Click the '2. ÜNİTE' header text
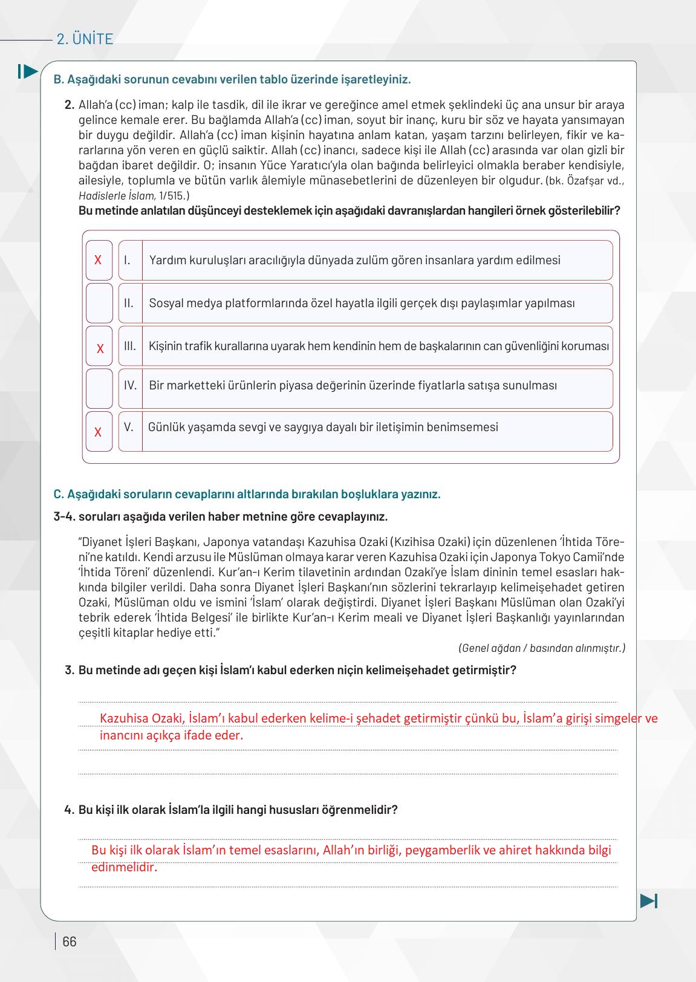point(85,39)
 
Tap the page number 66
point(70,941)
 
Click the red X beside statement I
point(98,260)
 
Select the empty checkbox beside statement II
point(99,303)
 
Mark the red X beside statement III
point(100,349)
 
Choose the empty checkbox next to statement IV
point(99,388)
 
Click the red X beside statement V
point(98,432)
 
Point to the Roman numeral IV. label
point(130,385)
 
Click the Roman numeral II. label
point(129,303)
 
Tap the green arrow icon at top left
point(28,71)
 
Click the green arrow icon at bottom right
point(648,900)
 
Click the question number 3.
point(69,670)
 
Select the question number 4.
point(69,810)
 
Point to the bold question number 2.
point(69,105)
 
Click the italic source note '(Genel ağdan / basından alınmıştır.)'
point(542,648)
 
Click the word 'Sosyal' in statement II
point(165,303)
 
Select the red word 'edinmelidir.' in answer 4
point(124,867)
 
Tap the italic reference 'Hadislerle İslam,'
point(117,196)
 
